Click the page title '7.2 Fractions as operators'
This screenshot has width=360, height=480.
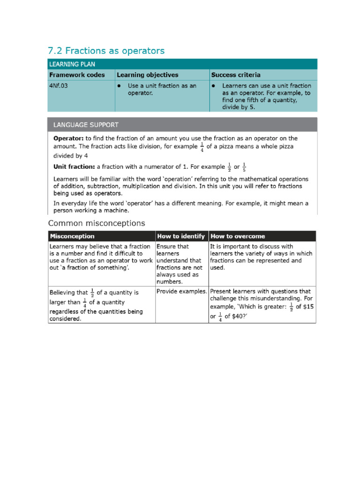click(x=106, y=51)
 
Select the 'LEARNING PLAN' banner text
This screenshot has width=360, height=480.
click(x=73, y=64)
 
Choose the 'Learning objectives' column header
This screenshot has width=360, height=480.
click(x=147, y=75)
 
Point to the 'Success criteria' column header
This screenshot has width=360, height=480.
click(x=236, y=75)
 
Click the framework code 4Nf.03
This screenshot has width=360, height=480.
click(x=59, y=86)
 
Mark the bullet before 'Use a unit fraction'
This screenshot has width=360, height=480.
click(x=120, y=86)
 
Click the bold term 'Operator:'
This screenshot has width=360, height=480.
click(x=68, y=138)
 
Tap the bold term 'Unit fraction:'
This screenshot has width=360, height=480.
click(x=74, y=167)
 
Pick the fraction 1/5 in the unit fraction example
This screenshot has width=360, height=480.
click(x=244, y=167)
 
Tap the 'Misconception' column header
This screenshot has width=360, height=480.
click(x=72, y=236)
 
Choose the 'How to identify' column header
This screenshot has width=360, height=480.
click(x=181, y=236)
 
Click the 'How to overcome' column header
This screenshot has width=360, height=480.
click(x=238, y=236)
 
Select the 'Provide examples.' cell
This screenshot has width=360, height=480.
click(x=182, y=292)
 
